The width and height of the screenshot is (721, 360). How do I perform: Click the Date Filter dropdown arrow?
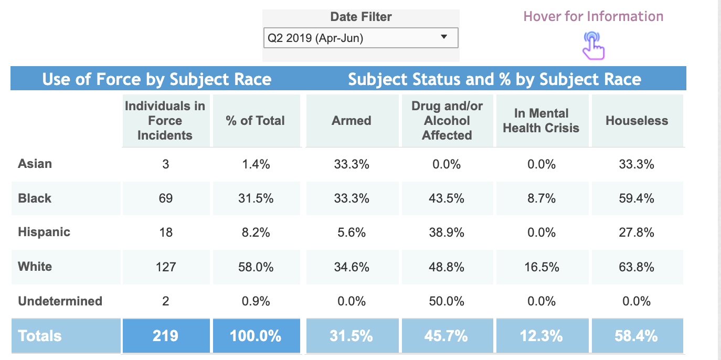pos(444,37)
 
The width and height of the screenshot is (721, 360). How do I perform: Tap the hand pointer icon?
pos(593,46)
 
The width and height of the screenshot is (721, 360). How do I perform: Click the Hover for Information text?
pos(593,16)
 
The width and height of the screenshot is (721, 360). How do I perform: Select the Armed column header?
pos(352,121)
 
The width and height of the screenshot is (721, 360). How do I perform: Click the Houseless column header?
pos(637,121)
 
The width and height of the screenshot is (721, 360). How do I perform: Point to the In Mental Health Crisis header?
pos(541,121)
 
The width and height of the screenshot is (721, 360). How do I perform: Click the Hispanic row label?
pos(44,232)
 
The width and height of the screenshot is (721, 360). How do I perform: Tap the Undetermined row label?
pos(60,301)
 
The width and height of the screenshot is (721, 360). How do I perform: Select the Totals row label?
pos(40,336)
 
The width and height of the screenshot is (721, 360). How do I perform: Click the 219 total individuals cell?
pos(166,336)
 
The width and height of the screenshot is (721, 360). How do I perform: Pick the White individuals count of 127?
pos(166,267)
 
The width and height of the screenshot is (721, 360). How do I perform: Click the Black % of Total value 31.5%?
pos(256,198)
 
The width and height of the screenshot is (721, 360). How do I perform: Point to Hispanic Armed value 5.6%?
pos(352,232)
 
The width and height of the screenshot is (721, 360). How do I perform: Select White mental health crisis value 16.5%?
pos(542,267)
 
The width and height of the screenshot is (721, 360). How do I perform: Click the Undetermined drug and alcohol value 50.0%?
pos(447,301)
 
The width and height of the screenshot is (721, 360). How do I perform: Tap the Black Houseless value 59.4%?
pos(637,198)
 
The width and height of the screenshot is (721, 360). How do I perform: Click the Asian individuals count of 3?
pos(165,164)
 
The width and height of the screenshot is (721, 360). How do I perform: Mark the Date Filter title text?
pos(361,17)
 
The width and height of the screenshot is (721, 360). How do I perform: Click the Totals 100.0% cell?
pos(256,336)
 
